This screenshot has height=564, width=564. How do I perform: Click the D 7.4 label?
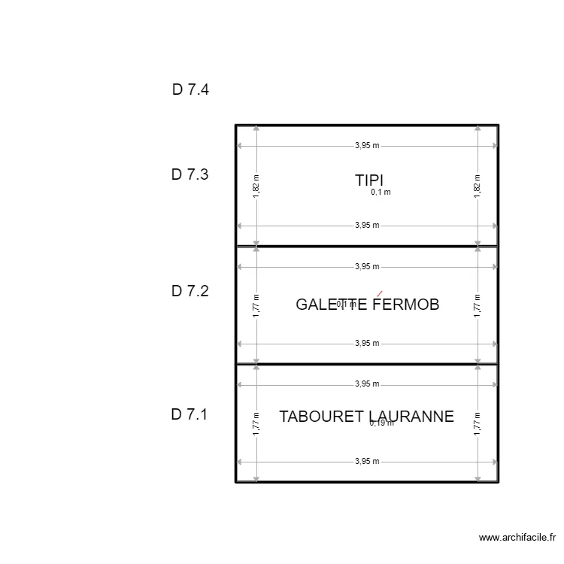[190, 89]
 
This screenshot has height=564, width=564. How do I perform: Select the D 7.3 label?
[190, 174]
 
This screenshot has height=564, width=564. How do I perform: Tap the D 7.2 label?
[190, 291]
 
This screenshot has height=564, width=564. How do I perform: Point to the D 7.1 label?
[190, 414]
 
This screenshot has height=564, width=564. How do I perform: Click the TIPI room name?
[369, 180]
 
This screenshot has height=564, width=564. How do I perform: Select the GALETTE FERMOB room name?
[367, 305]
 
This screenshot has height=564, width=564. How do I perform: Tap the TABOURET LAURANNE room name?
[366, 417]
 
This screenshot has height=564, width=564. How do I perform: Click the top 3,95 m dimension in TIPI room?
[367, 146]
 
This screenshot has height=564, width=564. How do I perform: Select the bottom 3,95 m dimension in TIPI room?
[367, 225]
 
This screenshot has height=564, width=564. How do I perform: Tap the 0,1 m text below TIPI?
[381, 193]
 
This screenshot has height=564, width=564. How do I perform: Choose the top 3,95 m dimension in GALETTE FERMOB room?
[367, 266]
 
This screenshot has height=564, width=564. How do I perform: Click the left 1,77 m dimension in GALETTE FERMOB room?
[256, 306]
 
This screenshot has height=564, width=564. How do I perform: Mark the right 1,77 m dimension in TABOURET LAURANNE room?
[478, 423]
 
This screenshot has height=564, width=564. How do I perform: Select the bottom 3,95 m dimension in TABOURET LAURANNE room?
[367, 462]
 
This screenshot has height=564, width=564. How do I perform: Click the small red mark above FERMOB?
[380, 293]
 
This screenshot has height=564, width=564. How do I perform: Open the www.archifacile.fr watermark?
[517, 538]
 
